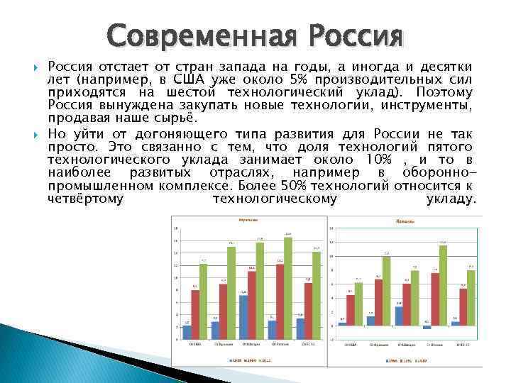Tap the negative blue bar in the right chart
[x=427, y=327]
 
